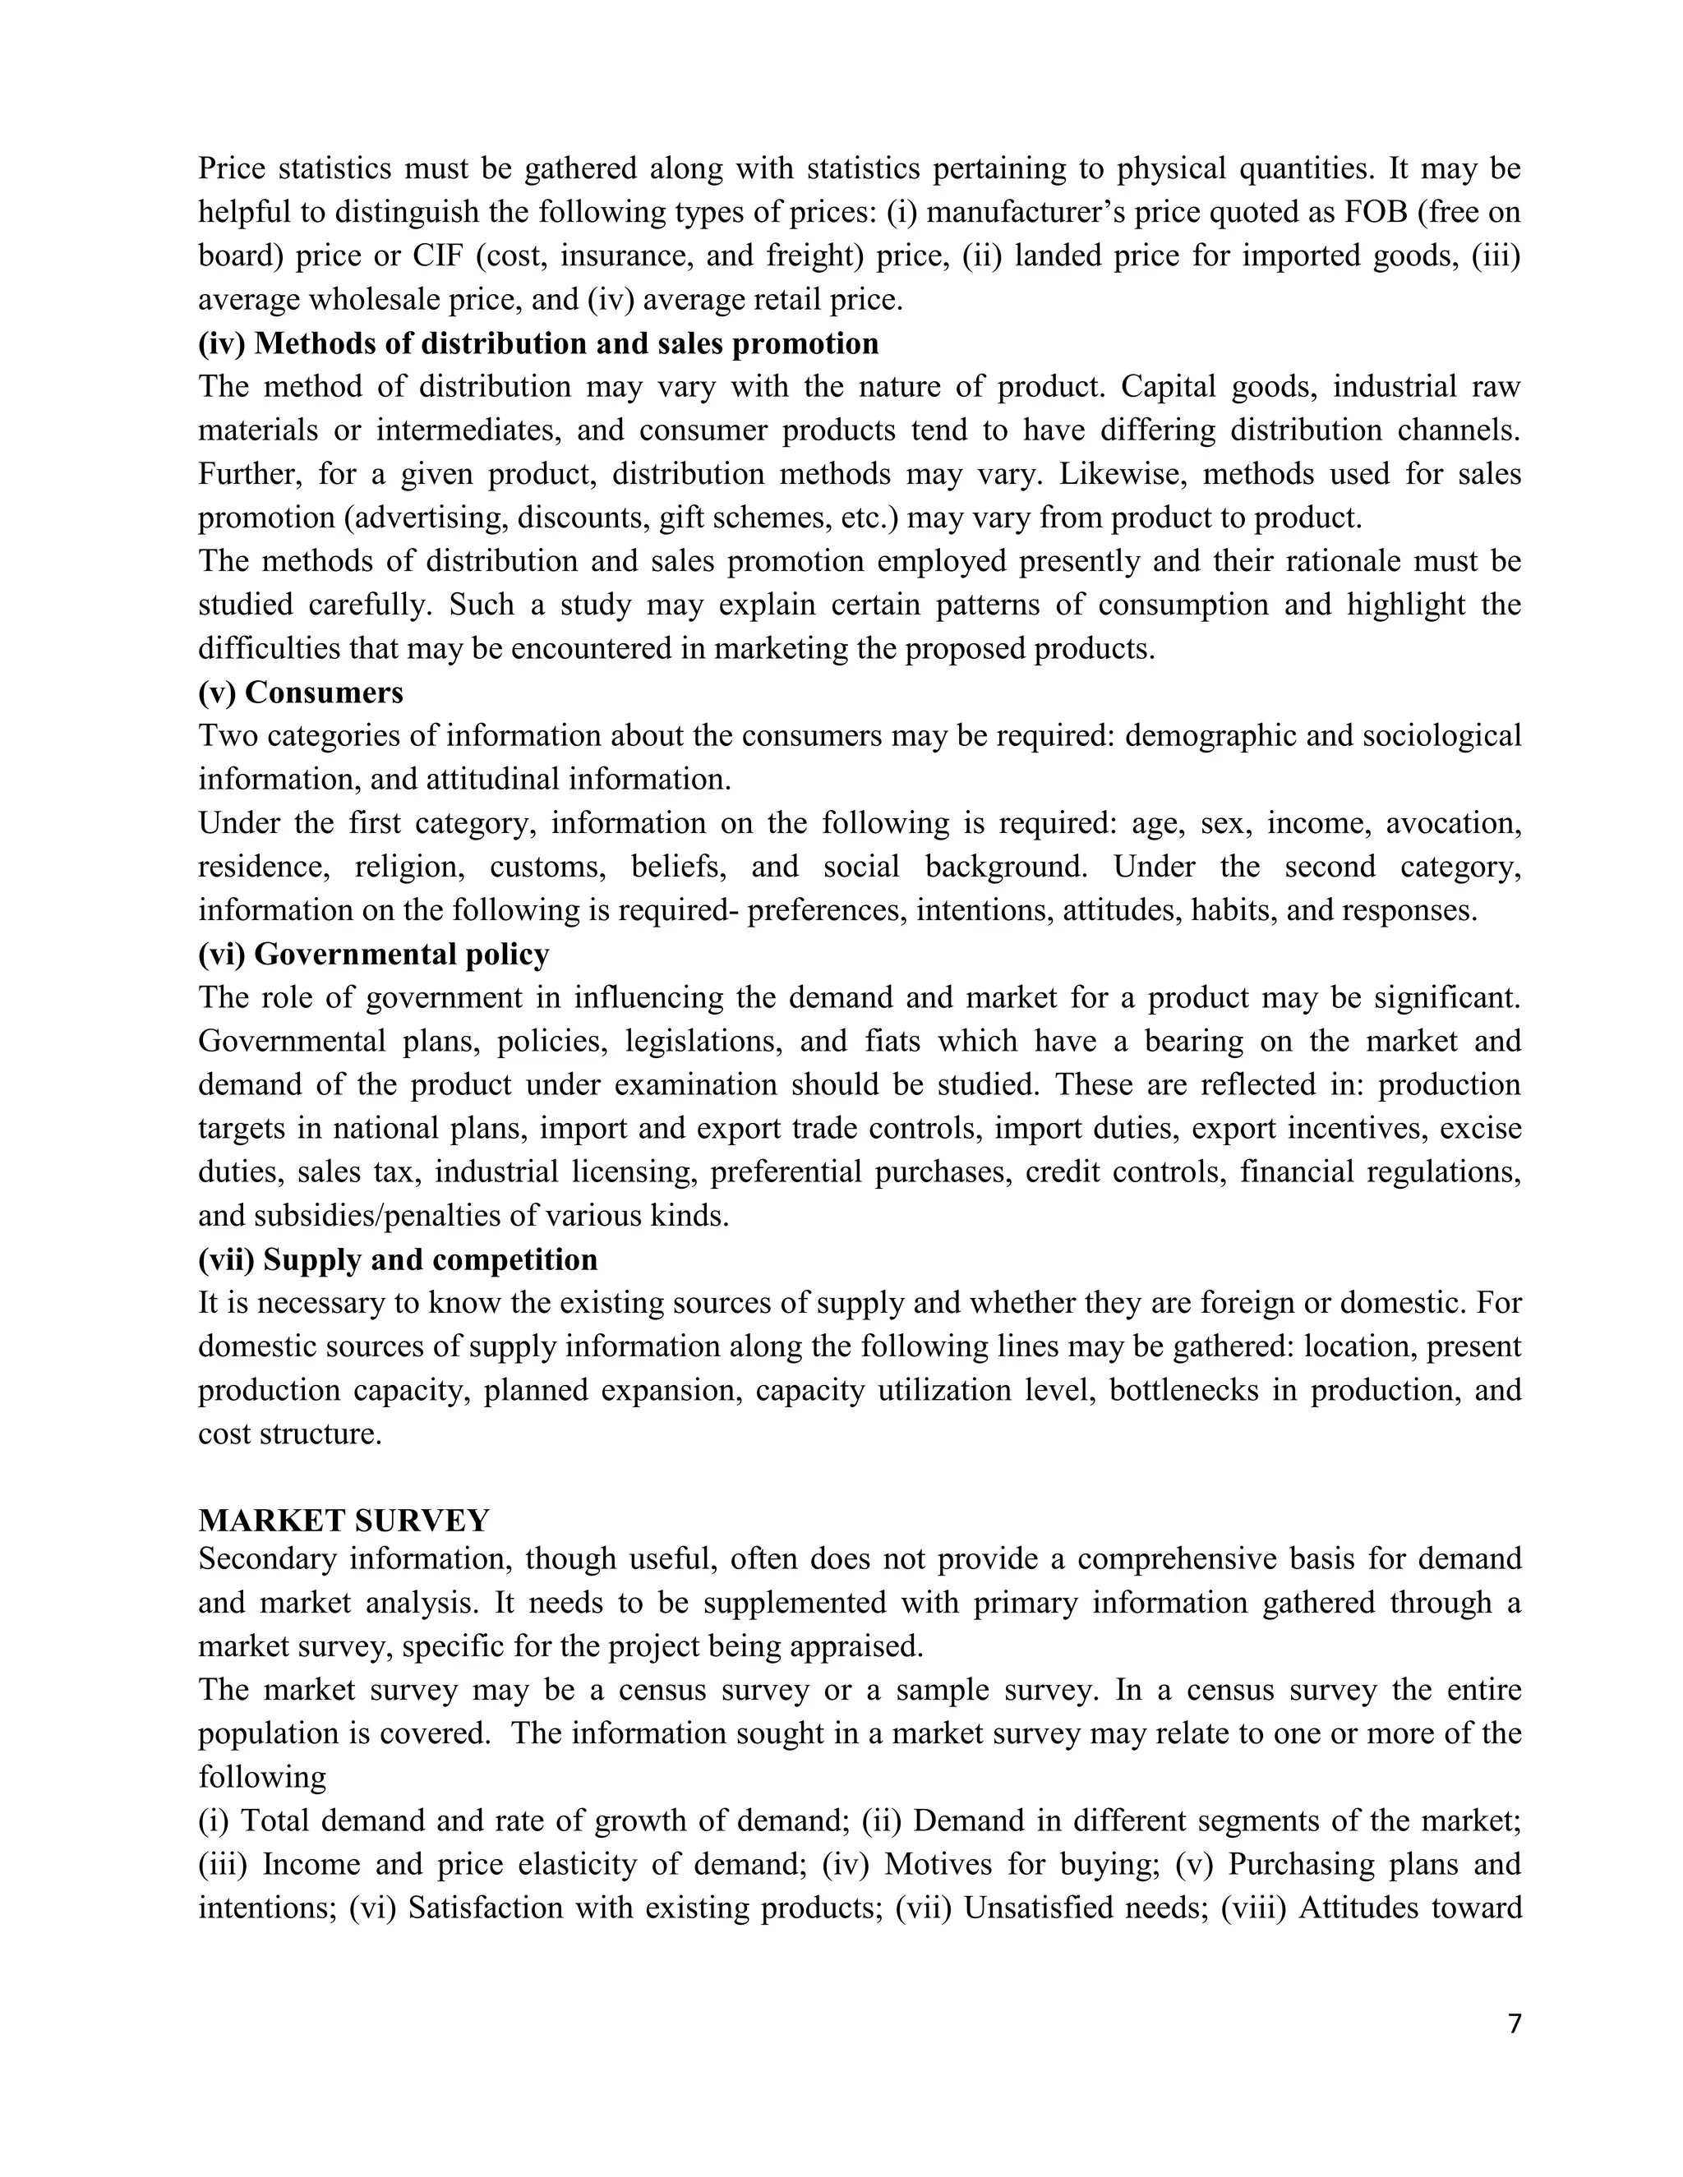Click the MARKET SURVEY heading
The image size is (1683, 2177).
[x=344, y=1520]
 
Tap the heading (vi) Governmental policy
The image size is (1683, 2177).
[x=373, y=954]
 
